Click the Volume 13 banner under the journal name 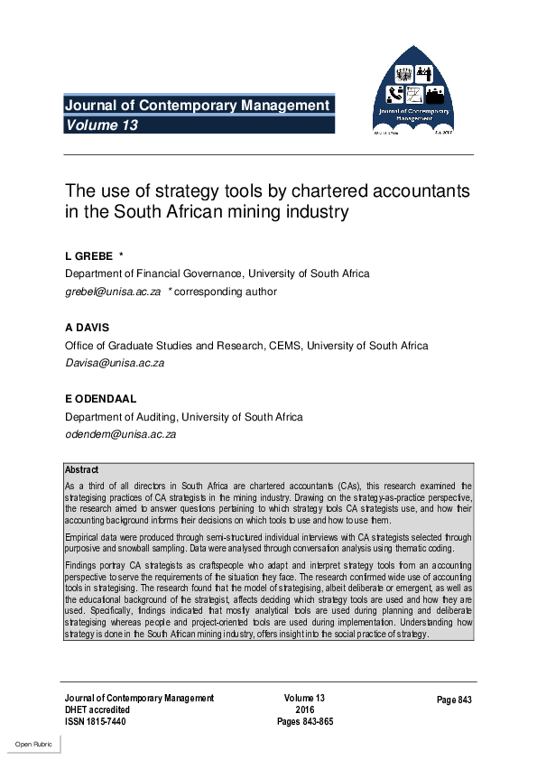click(x=101, y=125)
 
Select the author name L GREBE click(x=88, y=256)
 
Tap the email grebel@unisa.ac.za click(x=113, y=292)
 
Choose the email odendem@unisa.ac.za click(x=119, y=434)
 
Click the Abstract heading click(x=82, y=470)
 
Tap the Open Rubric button click(x=32, y=744)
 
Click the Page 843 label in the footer click(x=454, y=700)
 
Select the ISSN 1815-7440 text click(x=96, y=721)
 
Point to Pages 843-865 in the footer click(x=304, y=721)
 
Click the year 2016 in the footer click(x=304, y=709)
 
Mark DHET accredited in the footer click(x=97, y=709)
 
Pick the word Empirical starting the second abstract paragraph click(x=82, y=535)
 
